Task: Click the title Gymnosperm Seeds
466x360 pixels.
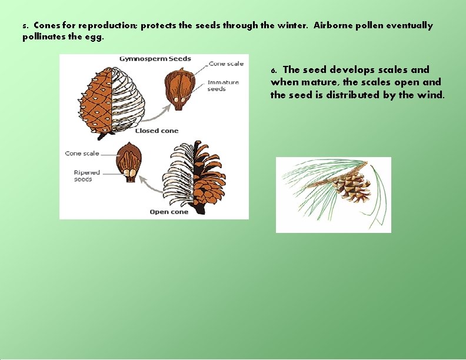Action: [x=155, y=59]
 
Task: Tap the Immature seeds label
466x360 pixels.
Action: [x=223, y=85]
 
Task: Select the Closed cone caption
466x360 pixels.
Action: [x=157, y=131]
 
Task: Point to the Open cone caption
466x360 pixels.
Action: [x=169, y=212]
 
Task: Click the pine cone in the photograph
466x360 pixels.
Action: [x=351, y=186]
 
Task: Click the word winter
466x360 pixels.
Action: [x=291, y=26]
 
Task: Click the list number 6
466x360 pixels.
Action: [x=273, y=71]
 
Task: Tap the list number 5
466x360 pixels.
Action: [x=25, y=26]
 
